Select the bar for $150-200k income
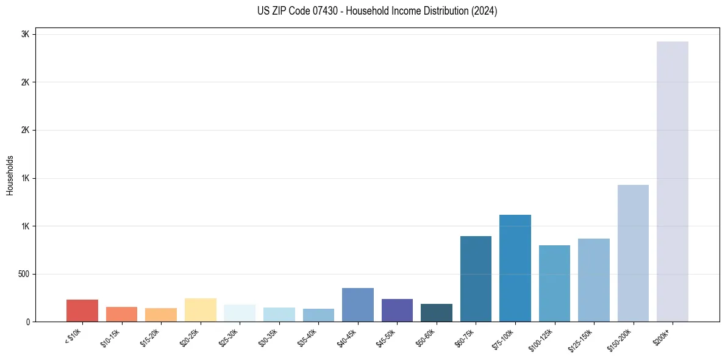[x=633, y=253]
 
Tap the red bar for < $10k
[x=82, y=311]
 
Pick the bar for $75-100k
[x=515, y=268]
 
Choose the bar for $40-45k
[x=357, y=304]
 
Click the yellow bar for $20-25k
[x=200, y=310]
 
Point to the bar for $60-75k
[x=476, y=279]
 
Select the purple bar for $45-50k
[x=397, y=310]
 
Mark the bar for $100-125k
[x=554, y=283]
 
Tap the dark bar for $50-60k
[x=436, y=312]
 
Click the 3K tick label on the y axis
[x=25, y=35]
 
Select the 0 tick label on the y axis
[x=27, y=322]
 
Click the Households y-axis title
[x=10, y=175]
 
